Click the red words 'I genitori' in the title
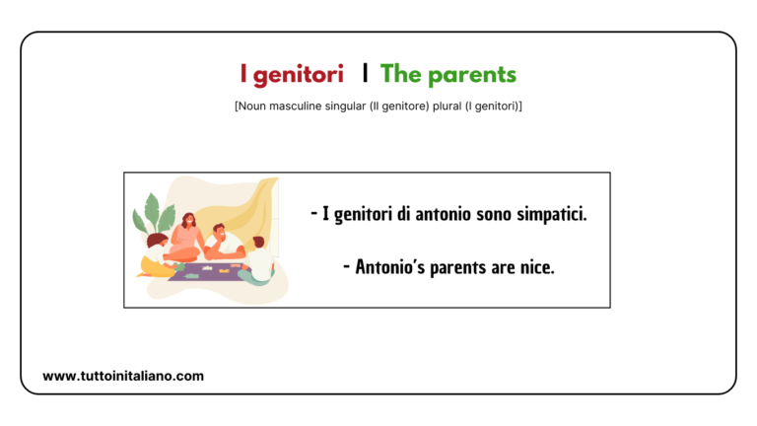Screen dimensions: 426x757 coord(292,74)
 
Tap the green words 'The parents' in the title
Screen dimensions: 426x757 coord(448,74)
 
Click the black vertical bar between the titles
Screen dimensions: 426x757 coord(365,74)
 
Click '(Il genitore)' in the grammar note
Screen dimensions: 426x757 coord(382,106)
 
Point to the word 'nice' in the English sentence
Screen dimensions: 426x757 coord(536,266)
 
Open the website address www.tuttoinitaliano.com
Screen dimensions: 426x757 coord(123,376)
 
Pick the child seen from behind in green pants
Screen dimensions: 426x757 coord(258,260)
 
